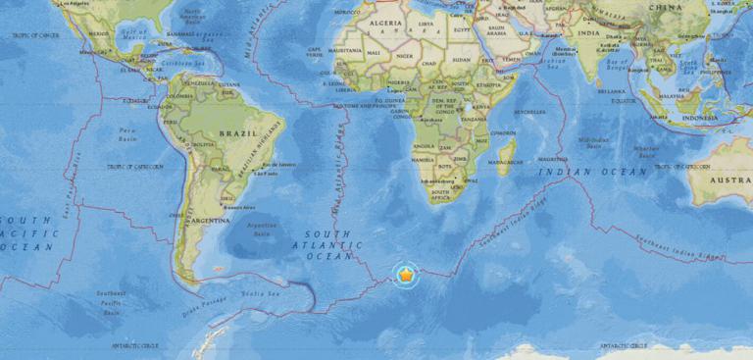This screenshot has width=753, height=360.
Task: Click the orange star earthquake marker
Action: (406, 275)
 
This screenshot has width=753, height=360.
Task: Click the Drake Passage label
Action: (198, 311)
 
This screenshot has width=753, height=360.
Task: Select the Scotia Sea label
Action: (263, 291)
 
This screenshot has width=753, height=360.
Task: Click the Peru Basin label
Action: (126, 131)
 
